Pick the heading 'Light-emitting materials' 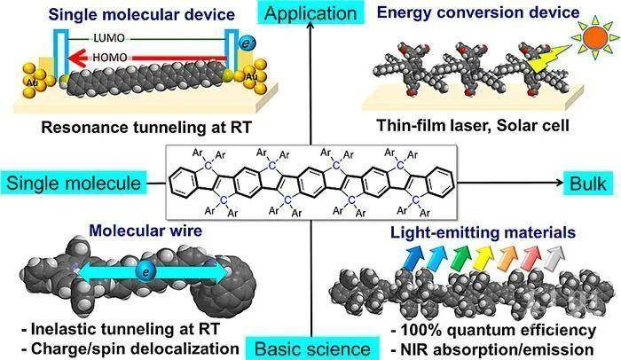(x=469, y=234)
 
